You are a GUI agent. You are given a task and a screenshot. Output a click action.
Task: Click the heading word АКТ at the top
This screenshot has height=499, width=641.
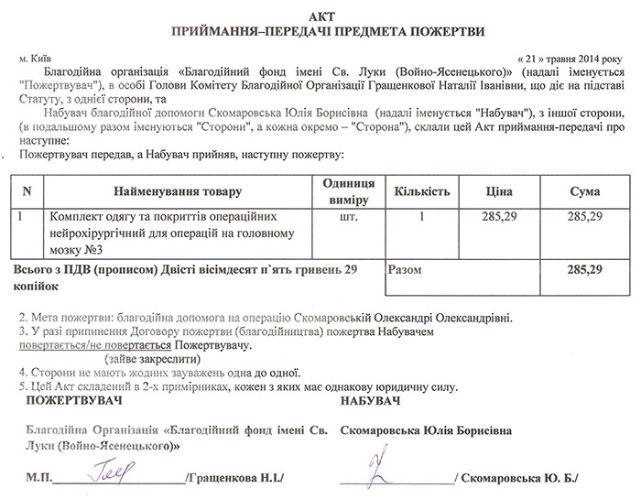coord(320,16)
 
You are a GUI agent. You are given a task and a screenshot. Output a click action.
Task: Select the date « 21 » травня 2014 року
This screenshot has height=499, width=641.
coord(568,57)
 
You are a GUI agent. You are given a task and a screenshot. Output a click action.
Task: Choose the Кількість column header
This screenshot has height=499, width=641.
coord(421,192)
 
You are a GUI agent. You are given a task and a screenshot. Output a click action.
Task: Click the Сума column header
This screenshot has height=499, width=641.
coord(583,192)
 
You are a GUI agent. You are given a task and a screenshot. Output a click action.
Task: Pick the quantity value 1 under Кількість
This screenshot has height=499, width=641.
coord(421,219)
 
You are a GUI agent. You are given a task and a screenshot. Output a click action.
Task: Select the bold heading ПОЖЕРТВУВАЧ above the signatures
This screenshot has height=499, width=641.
coord(72,402)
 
